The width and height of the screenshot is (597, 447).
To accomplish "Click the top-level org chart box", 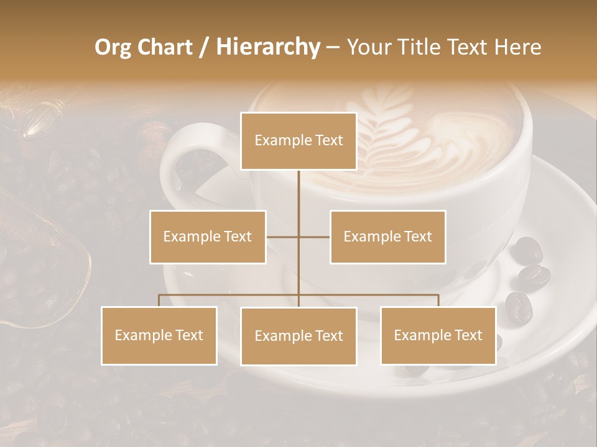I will [x=298, y=141].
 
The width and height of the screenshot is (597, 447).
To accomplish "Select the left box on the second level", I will [x=208, y=237].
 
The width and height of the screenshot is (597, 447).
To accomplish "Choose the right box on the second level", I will [x=388, y=237].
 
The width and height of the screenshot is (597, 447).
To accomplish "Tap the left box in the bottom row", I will [x=159, y=335].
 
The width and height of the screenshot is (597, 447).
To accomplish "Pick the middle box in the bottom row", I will [x=298, y=336].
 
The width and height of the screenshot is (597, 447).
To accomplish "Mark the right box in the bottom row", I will [x=438, y=335].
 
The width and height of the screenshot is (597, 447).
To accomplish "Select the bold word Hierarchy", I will [x=267, y=47].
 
